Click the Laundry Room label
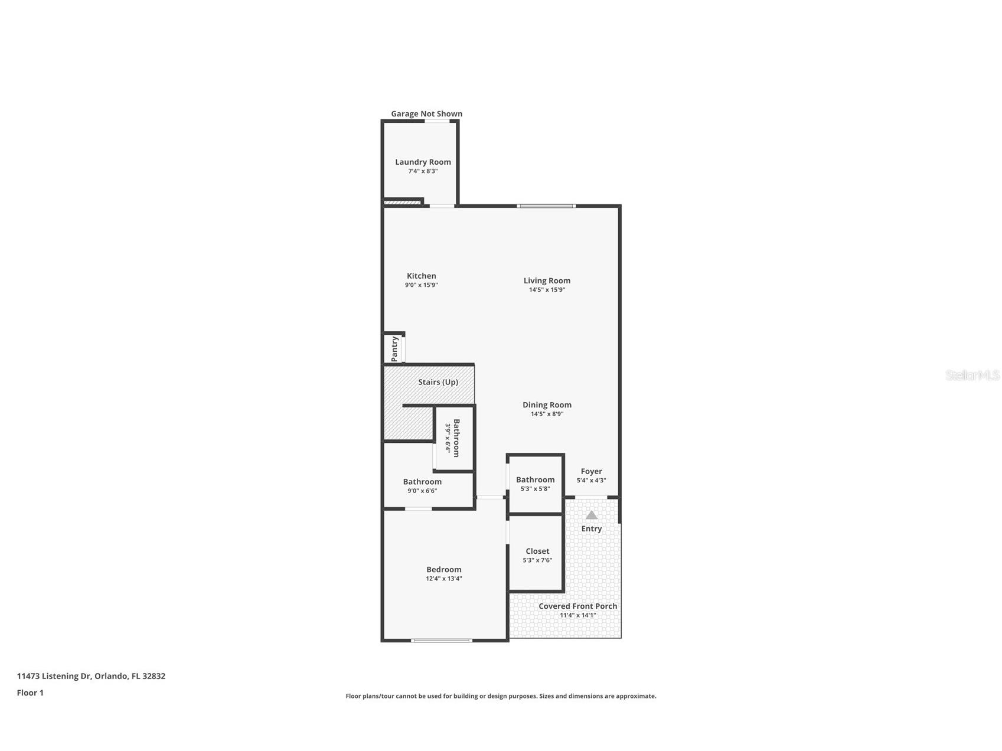click(x=423, y=162)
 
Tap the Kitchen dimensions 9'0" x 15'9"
click(x=421, y=285)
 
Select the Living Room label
click(x=547, y=280)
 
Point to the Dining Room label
click(x=547, y=404)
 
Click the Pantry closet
click(x=394, y=348)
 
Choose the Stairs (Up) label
click(x=438, y=382)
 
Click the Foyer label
click(x=591, y=471)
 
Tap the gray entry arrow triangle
click(x=591, y=515)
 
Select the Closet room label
click(x=537, y=551)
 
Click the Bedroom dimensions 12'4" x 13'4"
click(x=444, y=579)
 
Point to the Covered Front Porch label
click(x=578, y=606)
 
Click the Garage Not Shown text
click(x=427, y=114)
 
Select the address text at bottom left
click(x=91, y=676)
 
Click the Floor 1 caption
click(x=30, y=693)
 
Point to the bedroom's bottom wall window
click(x=442, y=640)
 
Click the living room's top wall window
click(x=546, y=206)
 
